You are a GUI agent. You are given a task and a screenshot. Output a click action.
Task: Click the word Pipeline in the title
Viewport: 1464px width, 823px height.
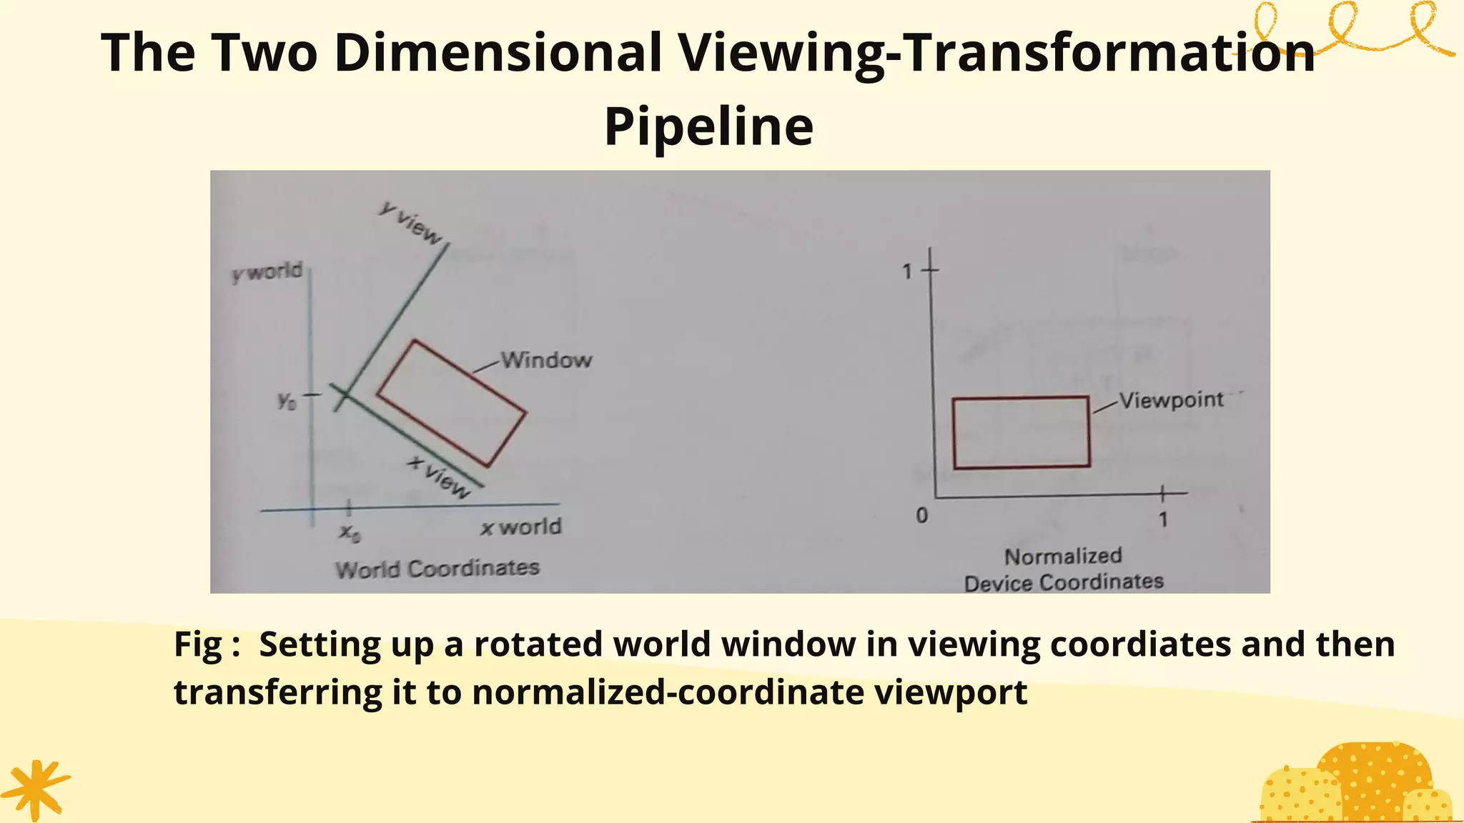coord(708,126)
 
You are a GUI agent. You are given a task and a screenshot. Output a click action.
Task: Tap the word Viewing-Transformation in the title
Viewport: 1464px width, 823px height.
coord(996,53)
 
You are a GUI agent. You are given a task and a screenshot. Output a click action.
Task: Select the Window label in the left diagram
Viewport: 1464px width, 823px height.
coord(546,359)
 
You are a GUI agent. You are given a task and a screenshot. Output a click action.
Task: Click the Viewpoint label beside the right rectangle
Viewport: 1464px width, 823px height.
coord(1171,399)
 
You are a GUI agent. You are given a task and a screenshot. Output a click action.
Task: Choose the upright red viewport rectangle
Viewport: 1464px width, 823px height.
coord(1021,432)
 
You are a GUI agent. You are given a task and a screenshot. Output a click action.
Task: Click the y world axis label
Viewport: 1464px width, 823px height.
coord(268,272)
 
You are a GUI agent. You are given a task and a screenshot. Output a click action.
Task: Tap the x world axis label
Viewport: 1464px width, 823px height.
coord(521,527)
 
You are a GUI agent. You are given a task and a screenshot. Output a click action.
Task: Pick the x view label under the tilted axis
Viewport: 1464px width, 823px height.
coord(440,477)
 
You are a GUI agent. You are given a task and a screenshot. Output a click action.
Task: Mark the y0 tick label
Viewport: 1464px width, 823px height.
coord(287,401)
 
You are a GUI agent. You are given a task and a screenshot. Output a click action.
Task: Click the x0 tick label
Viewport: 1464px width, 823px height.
coord(349,532)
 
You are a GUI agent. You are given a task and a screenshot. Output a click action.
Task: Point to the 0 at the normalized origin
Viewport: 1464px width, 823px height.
coord(922,515)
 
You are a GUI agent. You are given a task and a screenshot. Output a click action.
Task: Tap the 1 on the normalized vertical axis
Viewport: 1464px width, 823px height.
coord(907,271)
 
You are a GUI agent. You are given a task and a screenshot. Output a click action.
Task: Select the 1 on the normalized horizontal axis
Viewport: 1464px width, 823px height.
coord(1163,519)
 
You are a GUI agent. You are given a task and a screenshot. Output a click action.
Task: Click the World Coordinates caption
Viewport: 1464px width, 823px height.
coord(437,569)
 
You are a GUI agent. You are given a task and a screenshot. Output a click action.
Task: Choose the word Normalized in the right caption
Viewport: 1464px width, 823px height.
coord(1063,556)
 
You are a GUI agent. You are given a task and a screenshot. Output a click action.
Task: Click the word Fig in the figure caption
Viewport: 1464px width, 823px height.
coord(198,644)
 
